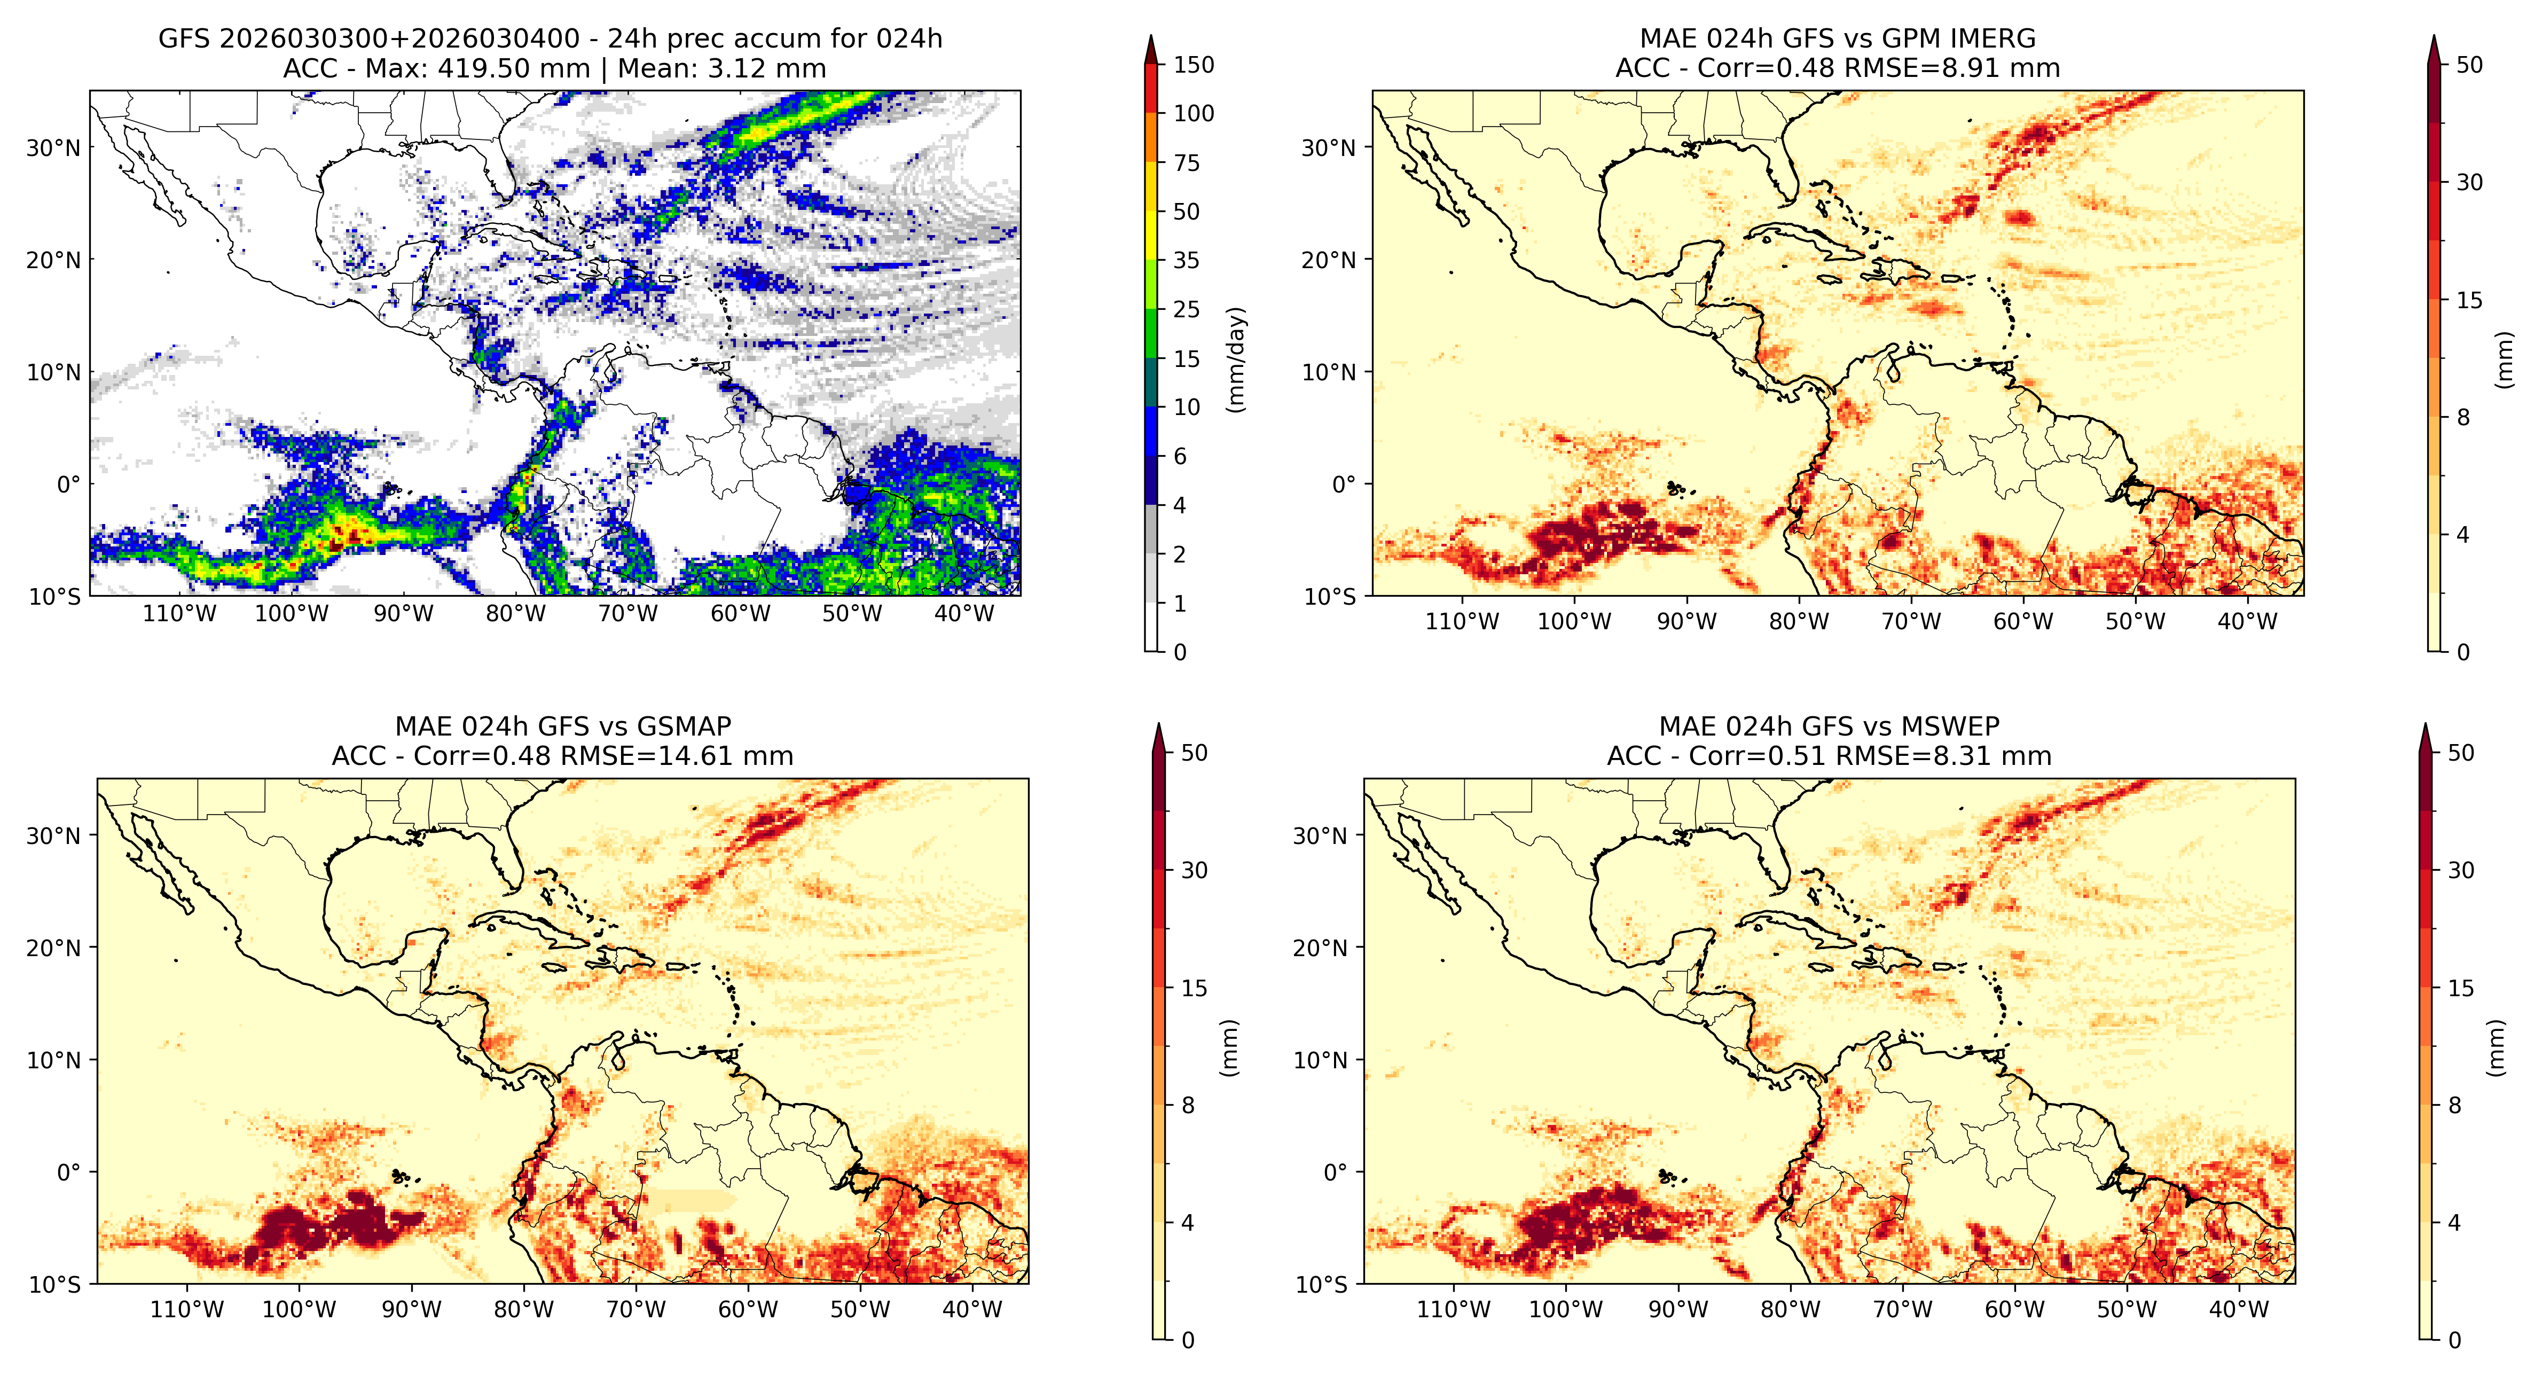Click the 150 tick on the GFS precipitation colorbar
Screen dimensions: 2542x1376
click(x=1193, y=65)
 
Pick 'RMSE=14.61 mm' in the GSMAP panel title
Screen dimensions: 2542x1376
click(x=677, y=757)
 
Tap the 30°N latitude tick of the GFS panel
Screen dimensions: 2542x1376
click(x=53, y=148)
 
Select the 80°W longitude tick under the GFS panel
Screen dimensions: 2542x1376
click(x=515, y=614)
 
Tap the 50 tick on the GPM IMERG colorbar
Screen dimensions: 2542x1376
click(x=2469, y=65)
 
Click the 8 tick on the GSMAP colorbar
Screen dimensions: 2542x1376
click(x=1188, y=1106)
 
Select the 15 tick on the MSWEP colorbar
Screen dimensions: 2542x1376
click(x=2461, y=988)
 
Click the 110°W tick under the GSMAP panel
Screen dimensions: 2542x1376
click(x=186, y=1310)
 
